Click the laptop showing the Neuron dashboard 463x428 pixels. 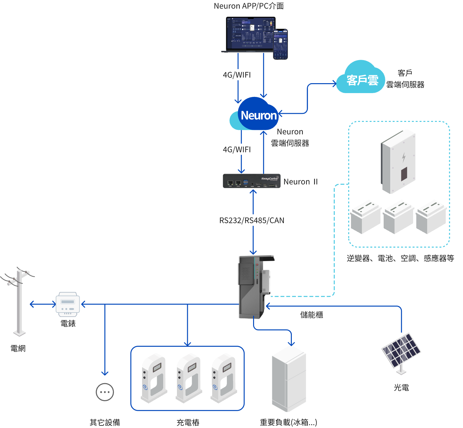248,34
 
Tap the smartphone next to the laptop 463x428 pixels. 281,44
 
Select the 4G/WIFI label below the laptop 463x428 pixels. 236,75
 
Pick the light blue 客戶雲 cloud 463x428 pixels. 361,78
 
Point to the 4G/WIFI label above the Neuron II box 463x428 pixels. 236,149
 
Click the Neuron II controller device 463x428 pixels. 251,181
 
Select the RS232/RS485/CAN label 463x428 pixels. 251,220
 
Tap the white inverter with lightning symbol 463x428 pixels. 398,162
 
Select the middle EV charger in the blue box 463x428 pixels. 189,377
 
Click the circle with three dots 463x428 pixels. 105,392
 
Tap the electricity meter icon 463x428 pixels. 68,304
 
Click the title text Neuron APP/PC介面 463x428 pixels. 249,6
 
